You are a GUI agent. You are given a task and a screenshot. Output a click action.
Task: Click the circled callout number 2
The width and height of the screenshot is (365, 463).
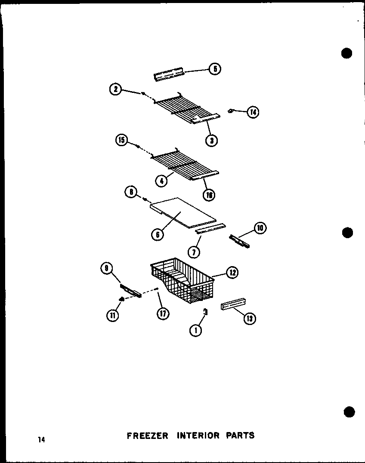pos(115,89)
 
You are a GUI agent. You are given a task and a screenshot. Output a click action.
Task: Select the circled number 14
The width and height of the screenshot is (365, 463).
pos(253,112)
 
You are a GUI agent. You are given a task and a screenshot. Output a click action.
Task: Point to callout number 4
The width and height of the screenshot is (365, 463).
pos(162,181)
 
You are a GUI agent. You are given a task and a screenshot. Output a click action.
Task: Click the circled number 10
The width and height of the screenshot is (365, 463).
pos(260,227)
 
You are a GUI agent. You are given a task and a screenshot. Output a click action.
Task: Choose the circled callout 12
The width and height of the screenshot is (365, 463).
pos(233,272)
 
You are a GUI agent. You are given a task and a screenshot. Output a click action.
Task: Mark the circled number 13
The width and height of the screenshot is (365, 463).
pos(250,318)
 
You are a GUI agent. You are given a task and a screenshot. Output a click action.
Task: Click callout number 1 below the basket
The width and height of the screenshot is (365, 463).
pos(195,330)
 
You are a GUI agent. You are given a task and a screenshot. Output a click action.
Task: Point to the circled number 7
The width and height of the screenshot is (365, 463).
pos(194,252)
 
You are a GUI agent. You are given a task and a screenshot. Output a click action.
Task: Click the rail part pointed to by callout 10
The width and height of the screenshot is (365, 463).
pos(239,242)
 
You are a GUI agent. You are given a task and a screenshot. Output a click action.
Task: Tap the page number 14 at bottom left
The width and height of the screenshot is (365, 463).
pos(41,439)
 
